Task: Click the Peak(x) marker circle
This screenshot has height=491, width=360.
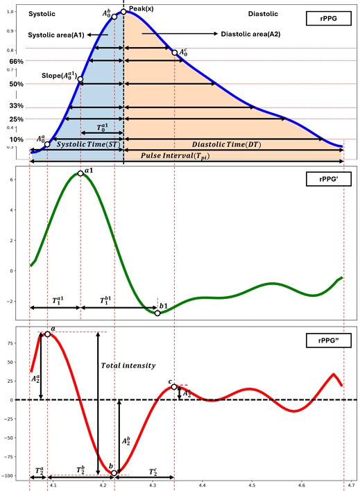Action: (123, 11)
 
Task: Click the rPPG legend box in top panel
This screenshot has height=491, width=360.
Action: (324, 18)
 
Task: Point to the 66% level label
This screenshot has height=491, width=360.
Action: (15, 62)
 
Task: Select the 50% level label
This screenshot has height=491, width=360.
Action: (15, 84)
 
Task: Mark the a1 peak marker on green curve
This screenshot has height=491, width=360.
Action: (81, 173)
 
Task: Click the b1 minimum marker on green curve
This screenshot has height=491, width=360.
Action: (157, 313)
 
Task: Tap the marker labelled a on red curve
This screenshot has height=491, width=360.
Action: (47, 334)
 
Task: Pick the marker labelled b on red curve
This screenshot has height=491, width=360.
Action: (114, 473)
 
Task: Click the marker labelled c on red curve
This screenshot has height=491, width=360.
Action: (174, 386)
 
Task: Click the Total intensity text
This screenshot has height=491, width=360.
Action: (128, 365)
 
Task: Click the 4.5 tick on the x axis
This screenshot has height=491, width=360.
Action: (252, 485)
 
